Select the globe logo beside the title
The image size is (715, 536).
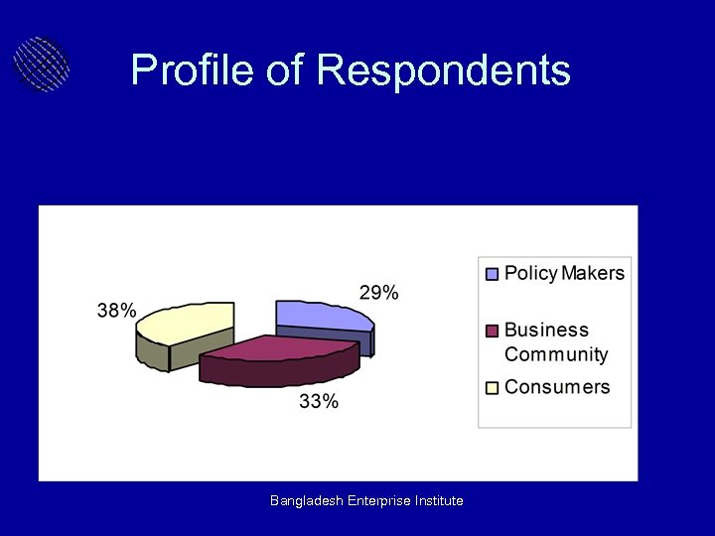coord(42,64)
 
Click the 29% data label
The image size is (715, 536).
coord(378,293)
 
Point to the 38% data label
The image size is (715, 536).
coord(116,310)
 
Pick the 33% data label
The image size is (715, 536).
coord(319,401)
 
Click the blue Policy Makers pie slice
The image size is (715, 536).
coord(320,315)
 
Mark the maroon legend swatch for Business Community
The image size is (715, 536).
coord(492,331)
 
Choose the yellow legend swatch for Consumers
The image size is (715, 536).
coord(492,387)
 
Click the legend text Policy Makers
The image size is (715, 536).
coord(564,273)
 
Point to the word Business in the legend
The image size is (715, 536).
coord(546,330)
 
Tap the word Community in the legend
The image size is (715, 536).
coord(556,354)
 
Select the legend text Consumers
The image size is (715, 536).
coord(557,386)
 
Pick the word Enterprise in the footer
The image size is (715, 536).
coord(382,501)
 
